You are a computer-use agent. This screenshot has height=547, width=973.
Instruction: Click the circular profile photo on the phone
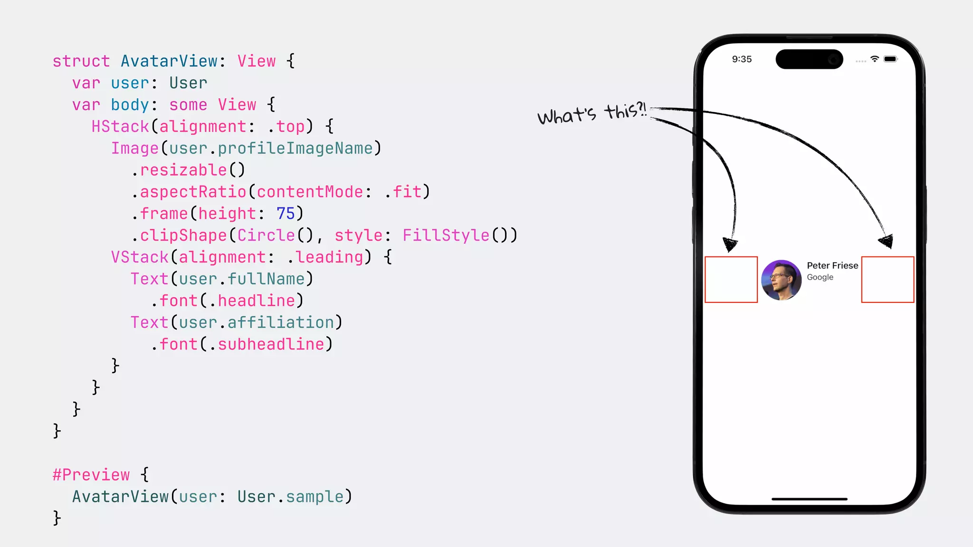(x=781, y=280)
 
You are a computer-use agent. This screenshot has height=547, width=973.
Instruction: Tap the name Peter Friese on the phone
(x=832, y=265)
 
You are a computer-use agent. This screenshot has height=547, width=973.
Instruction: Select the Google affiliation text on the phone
(x=820, y=277)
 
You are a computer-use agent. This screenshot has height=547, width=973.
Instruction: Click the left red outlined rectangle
(x=731, y=280)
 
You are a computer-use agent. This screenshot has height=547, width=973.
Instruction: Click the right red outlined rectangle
(x=887, y=280)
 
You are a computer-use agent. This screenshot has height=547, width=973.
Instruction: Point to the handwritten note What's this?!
(x=592, y=114)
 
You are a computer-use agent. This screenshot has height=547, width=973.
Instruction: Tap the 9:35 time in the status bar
(x=742, y=59)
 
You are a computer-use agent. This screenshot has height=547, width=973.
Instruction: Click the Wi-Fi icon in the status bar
(x=875, y=59)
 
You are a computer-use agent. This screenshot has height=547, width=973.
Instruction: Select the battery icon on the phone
(x=890, y=59)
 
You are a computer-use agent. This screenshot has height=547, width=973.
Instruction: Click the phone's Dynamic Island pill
(x=809, y=59)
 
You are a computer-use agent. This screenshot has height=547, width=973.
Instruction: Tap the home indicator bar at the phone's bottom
(x=809, y=499)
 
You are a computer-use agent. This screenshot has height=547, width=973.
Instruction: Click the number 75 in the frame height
(x=286, y=214)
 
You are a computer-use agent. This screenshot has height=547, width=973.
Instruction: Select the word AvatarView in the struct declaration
(x=169, y=61)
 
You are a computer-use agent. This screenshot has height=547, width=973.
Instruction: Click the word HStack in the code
(x=120, y=127)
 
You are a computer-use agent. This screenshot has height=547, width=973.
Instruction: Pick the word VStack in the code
(x=140, y=257)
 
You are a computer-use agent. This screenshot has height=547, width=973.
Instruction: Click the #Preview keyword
(x=91, y=475)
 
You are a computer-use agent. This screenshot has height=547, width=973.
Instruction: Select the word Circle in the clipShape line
(x=266, y=236)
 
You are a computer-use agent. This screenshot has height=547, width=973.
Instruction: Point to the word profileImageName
(x=295, y=149)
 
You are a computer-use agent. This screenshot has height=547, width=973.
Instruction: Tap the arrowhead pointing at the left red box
(x=729, y=244)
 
